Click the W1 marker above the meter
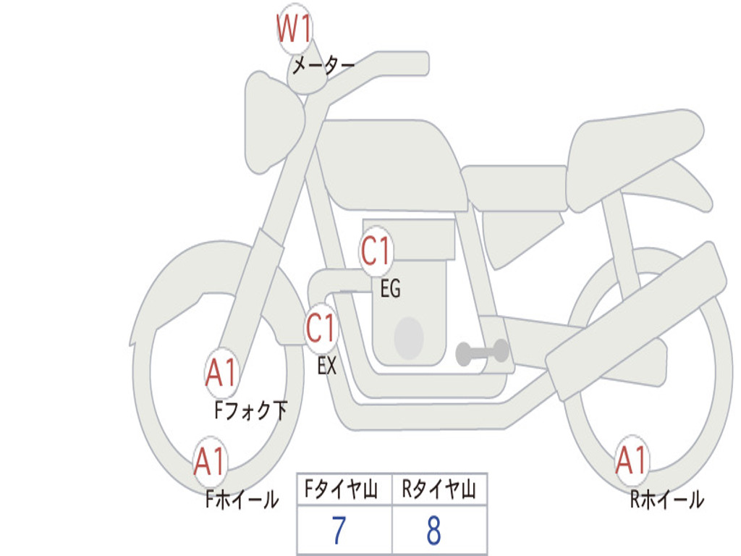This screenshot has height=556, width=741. pos(294,29)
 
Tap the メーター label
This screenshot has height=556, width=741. pos(323,65)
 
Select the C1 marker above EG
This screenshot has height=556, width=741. pos(376,251)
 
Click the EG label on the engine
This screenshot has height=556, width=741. pos(390,288)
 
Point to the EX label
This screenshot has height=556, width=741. pos(327,366)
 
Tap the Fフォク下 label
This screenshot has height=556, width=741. pos(250,410)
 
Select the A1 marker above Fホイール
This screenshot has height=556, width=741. pos(211,462)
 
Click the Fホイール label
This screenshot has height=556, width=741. pos(242,500)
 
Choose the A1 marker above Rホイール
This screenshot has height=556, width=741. pos(632,460)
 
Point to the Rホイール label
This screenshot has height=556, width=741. pos(667,500)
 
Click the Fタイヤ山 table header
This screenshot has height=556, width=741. pos(341,489)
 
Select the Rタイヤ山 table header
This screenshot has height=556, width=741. pos(439,489)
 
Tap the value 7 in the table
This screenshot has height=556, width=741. pos(339,530)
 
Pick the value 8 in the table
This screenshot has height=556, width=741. pos(434,530)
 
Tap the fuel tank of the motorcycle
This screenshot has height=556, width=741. pos(391,164)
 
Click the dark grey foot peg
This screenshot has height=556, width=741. pos(482,352)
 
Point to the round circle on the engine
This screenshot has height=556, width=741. pos(409,338)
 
